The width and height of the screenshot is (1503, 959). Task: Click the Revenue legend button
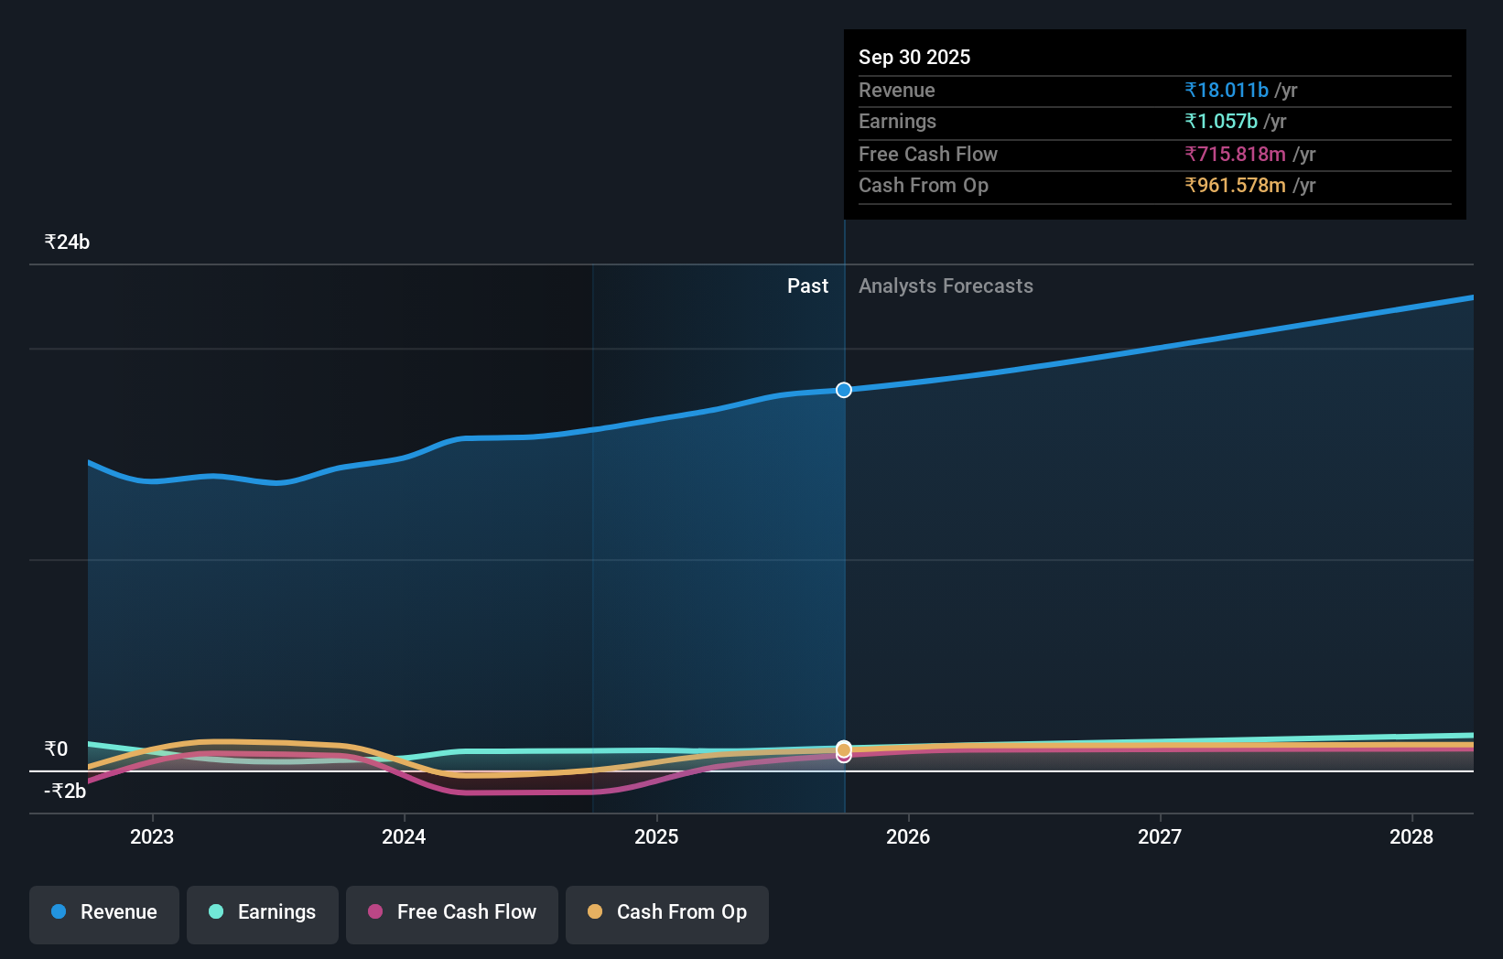(x=104, y=912)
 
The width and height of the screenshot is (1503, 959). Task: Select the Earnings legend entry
(x=263, y=912)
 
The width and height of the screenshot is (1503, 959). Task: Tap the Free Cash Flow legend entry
(x=452, y=912)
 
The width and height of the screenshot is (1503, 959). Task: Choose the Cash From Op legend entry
(x=667, y=912)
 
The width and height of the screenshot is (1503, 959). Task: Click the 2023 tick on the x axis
(x=152, y=836)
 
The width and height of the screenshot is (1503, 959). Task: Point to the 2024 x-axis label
(x=404, y=836)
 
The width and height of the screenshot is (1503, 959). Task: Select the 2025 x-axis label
(x=656, y=836)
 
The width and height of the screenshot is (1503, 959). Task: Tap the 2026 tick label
(x=908, y=836)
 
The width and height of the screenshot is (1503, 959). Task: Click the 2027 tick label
(x=1160, y=836)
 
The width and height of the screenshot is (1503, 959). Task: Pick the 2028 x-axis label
(x=1411, y=836)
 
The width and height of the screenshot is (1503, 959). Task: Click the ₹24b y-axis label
(x=67, y=242)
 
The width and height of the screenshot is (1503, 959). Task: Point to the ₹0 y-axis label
(x=56, y=749)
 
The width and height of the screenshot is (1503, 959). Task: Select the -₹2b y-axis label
(x=65, y=792)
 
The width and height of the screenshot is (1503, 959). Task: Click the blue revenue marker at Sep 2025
(x=844, y=391)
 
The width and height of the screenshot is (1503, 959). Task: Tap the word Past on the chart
(x=807, y=286)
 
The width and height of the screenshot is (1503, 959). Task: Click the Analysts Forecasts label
(x=946, y=286)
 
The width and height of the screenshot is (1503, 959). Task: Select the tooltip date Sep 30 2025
(x=914, y=58)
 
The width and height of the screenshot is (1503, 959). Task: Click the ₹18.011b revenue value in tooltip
(x=1227, y=91)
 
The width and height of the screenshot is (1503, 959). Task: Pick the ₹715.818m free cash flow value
(x=1235, y=155)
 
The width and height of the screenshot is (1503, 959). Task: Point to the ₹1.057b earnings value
(x=1221, y=122)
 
